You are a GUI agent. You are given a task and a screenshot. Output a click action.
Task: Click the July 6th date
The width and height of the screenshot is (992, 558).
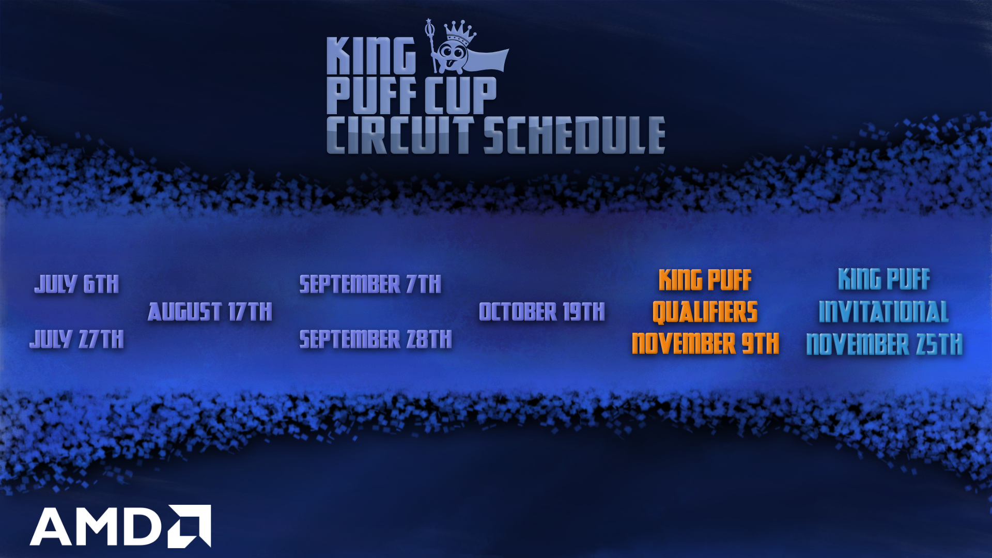coord(76,284)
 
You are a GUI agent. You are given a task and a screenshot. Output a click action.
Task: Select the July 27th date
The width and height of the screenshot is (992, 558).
coord(76,339)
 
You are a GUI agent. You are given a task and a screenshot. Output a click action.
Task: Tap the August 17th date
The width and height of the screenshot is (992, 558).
coord(210,312)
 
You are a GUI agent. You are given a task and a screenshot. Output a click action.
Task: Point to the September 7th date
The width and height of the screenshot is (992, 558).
coord(370,284)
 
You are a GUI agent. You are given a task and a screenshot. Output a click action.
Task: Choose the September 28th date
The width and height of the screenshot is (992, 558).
coord(376,339)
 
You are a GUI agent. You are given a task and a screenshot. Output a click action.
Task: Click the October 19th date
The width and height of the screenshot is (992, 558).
coord(542,312)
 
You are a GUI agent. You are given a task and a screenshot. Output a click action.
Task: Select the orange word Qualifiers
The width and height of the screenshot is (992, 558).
coord(705,312)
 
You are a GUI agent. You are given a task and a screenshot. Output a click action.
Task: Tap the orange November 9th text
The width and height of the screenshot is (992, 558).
coord(705,344)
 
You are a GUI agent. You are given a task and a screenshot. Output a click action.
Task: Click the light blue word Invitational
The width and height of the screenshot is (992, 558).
coord(884,312)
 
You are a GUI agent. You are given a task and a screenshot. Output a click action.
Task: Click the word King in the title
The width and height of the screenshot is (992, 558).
coord(371,56)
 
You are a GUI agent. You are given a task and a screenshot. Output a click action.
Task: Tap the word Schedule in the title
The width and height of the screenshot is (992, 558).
coord(574,135)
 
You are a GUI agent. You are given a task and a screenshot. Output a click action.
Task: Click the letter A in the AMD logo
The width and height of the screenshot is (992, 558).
coord(51,526)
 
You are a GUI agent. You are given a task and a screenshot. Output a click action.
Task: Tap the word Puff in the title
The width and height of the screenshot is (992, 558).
coord(371,95)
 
